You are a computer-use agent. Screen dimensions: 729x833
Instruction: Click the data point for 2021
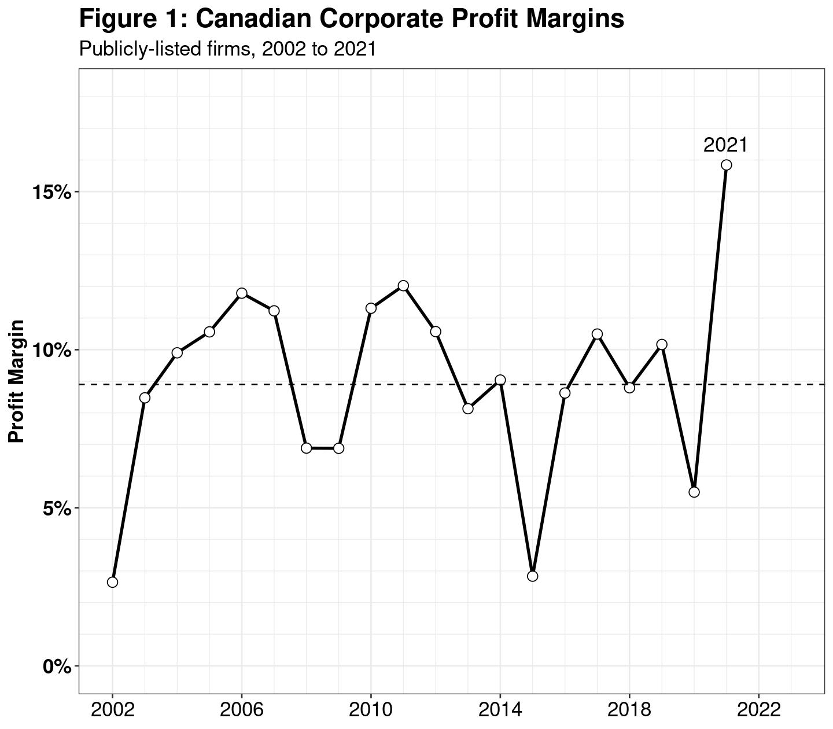tap(727, 165)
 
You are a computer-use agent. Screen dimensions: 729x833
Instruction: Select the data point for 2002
tap(112, 582)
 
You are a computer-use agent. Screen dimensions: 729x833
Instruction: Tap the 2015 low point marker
tap(533, 576)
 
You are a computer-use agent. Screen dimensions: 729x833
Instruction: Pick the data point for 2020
tap(694, 492)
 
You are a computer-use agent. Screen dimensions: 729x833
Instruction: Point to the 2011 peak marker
tap(403, 286)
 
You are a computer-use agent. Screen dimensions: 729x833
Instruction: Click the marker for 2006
tap(242, 293)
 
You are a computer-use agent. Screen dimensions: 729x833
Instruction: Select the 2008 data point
tap(307, 448)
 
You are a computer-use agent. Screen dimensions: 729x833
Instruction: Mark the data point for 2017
tap(598, 334)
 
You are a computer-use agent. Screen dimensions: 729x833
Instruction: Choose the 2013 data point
tap(468, 408)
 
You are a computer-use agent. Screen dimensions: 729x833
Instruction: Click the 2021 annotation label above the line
tap(725, 145)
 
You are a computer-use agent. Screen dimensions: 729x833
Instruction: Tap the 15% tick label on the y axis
tap(51, 192)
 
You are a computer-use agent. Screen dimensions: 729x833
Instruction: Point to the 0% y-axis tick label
tap(57, 667)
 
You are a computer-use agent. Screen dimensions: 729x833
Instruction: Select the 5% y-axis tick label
tap(57, 509)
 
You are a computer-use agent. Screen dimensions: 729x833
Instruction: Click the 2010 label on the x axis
tap(371, 709)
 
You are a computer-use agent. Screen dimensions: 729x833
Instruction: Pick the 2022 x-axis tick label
tap(758, 709)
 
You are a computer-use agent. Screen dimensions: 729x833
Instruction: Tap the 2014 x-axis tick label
tap(500, 709)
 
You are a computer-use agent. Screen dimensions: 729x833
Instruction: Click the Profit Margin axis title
tap(17, 381)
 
